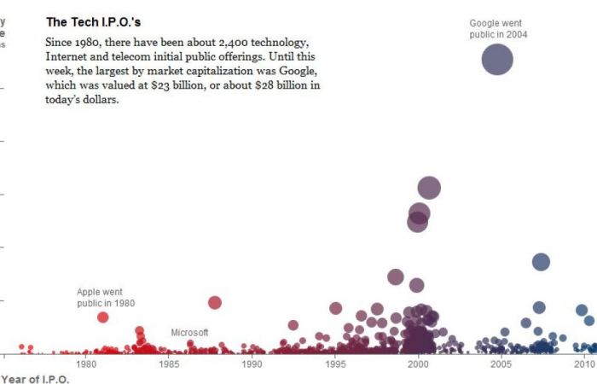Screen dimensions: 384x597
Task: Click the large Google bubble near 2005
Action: (x=497, y=60)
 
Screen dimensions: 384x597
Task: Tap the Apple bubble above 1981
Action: (x=103, y=317)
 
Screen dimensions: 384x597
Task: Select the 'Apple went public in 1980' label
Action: (x=106, y=297)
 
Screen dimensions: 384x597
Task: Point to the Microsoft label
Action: (x=189, y=333)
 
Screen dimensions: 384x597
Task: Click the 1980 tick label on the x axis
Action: (x=86, y=364)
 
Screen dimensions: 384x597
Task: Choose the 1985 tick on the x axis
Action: (x=169, y=364)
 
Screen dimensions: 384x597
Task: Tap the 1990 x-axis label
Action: (x=252, y=364)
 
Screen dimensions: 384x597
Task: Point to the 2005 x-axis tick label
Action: (x=501, y=364)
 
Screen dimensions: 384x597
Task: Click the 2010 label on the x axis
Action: (x=584, y=364)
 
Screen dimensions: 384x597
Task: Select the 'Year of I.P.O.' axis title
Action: (x=35, y=379)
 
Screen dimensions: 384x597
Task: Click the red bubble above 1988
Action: (x=215, y=302)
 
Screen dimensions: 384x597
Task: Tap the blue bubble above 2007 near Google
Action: (x=541, y=262)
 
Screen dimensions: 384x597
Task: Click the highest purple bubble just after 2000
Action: (x=429, y=189)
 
